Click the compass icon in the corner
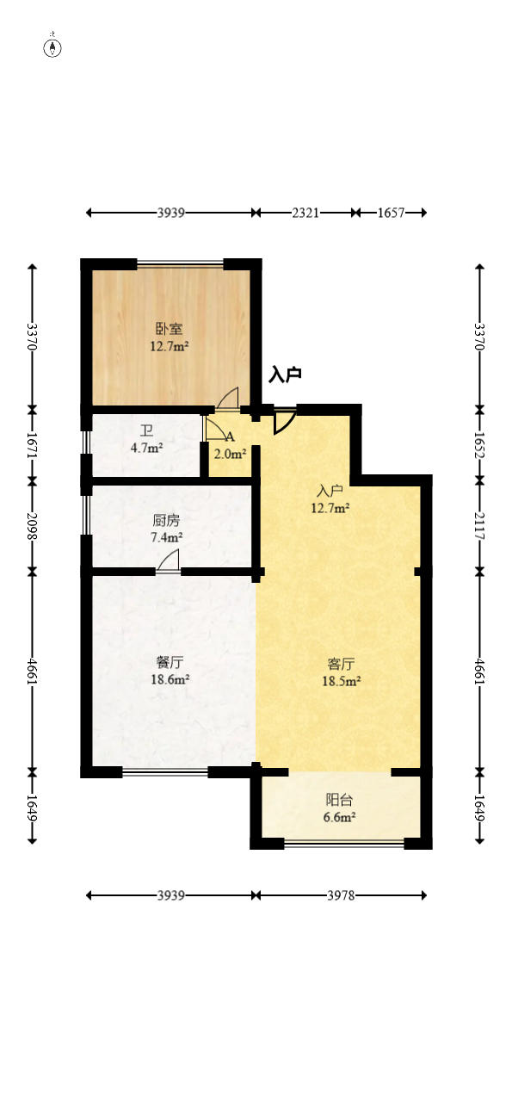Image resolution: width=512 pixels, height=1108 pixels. [x=52, y=48]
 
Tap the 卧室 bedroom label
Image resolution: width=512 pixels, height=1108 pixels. [x=170, y=329]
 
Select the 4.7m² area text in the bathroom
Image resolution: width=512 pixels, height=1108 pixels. [x=147, y=449]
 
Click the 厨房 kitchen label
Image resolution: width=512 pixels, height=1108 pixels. [x=167, y=520]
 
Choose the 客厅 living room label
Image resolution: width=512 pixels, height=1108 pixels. [x=341, y=664]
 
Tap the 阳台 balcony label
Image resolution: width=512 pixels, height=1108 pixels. [x=340, y=800]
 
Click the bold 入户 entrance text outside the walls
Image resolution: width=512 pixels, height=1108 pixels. [x=285, y=375]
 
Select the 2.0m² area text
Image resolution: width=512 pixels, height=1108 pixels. [x=231, y=454]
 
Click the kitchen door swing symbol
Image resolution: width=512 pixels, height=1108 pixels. [x=169, y=561]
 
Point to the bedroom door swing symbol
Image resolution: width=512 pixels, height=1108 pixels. [x=228, y=399]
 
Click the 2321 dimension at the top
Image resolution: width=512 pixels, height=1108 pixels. [x=305, y=213]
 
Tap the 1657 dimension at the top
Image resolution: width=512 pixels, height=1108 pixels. [x=391, y=213]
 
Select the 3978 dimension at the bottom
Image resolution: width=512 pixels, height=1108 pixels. [x=341, y=895]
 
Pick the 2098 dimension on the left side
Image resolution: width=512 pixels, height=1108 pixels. [x=33, y=526]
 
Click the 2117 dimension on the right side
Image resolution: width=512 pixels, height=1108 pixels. [x=479, y=526]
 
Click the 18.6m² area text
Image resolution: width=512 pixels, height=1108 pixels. [x=170, y=679]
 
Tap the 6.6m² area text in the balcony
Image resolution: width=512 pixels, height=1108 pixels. [x=340, y=817]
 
